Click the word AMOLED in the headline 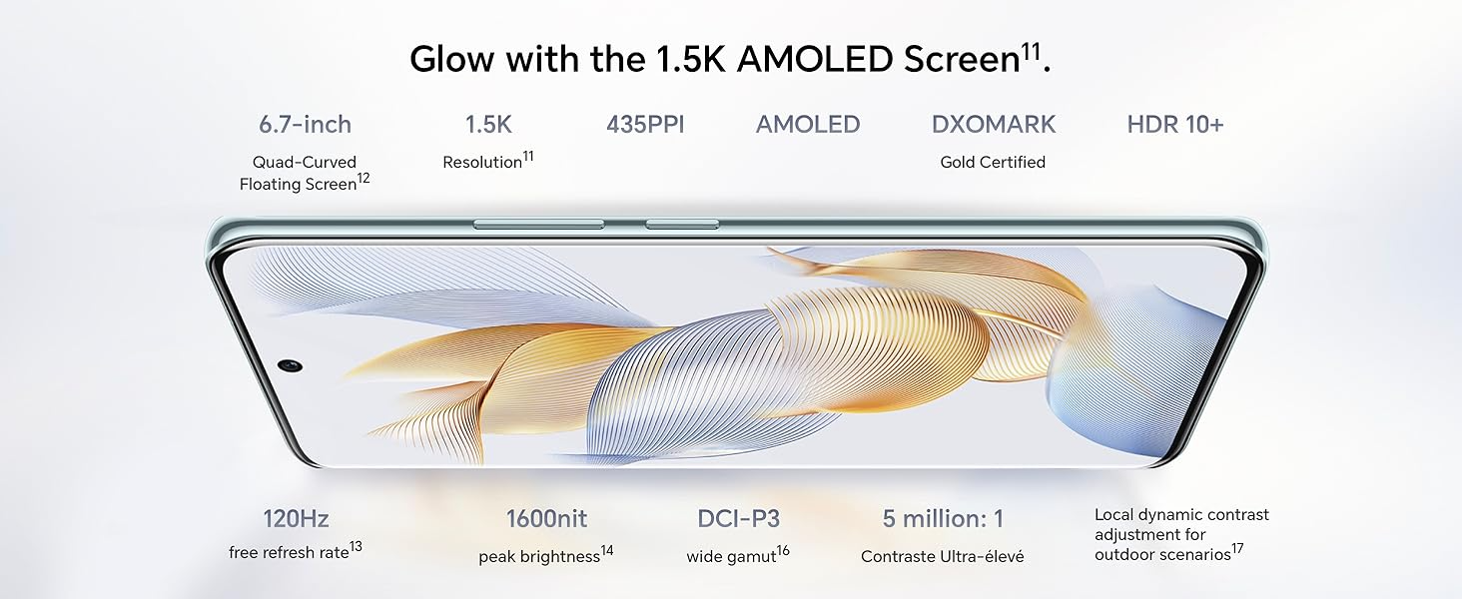click(x=815, y=59)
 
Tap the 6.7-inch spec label click(x=305, y=124)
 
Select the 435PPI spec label click(x=645, y=124)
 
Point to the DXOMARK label click(x=994, y=124)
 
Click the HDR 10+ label click(x=1174, y=124)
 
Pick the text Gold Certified click(x=993, y=162)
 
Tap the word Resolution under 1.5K click(x=482, y=163)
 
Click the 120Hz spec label click(x=296, y=519)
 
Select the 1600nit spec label click(x=547, y=519)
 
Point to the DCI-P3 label click(x=738, y=519)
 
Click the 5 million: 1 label click(x=943, y=519)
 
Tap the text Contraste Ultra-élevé click(x=942, y=557)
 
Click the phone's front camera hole click(x=290, y=364)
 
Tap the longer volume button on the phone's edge click(x=538, y=225)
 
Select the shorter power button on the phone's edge click(x=682, y=225)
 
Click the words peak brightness click(x=539, y=557)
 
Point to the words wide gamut click(x=731, y=557)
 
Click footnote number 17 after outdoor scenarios click(x=1237, y=549)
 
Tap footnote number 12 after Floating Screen click(x=364, y=178)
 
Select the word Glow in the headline click(x=452, y=59)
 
